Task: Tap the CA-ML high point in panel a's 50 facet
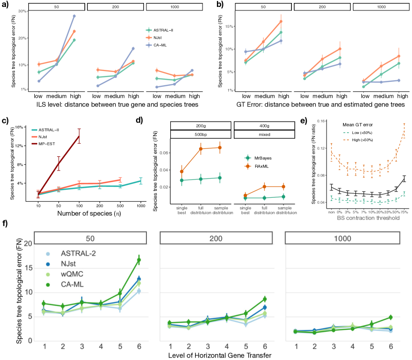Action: click(74, 16)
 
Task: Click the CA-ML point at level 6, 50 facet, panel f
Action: click(139, 260)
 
